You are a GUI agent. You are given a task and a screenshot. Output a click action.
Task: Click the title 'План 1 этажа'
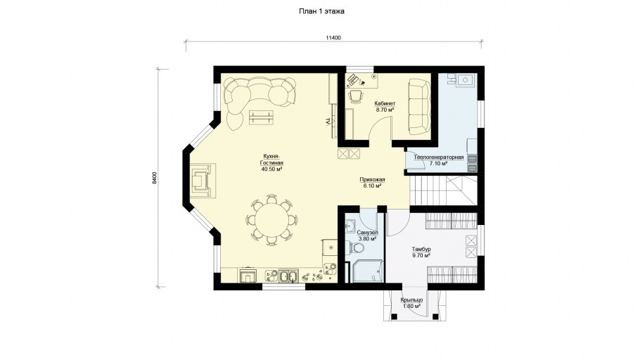click(x=321, y=11)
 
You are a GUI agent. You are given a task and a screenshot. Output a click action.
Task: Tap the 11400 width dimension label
click(x=333, y=38)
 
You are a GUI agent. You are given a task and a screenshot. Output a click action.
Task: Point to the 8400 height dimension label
click(x=154, y=179)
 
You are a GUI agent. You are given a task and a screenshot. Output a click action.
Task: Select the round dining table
click(x=271, y=220)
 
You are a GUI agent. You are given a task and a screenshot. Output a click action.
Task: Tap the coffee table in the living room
click(x=262, y=117)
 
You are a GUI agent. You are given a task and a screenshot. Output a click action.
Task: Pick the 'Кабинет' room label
click(x=385, y=103)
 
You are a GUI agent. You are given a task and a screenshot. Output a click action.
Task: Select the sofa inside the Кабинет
click(x=419, y=107)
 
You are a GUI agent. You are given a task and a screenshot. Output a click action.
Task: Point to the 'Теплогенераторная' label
click(x=438, y=157)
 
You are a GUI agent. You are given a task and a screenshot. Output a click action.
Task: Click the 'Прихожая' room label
click(x=372, y=179)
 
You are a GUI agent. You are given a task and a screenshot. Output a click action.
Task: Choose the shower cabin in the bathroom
click(x=368, y=271)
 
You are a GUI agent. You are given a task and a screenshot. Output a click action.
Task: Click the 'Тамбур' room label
click(x=421, y=249)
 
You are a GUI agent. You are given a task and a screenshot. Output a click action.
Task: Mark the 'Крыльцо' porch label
click(x=412, y=300)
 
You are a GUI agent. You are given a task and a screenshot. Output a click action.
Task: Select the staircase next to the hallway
click(x=443, y=191)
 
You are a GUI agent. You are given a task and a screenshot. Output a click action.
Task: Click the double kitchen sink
click(x=288, y=276)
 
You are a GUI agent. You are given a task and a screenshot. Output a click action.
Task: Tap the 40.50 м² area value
click(x=272, y=169)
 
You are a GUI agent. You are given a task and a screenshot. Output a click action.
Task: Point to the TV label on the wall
click(x=327, y=122)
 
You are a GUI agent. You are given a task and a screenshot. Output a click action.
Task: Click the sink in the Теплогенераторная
click(x=464, y=79)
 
